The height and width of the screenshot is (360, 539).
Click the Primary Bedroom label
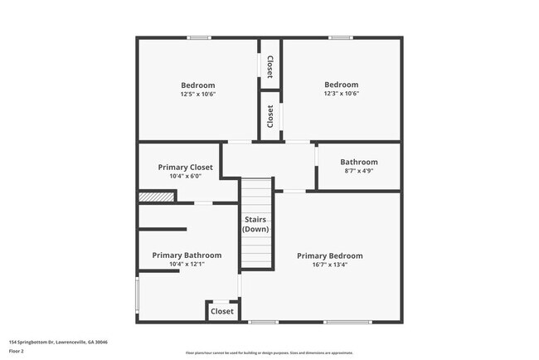[330, 255]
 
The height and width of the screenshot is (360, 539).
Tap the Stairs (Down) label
[255, 224]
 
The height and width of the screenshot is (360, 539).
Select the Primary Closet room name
[186, 167]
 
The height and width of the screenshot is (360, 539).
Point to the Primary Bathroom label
[187, 255]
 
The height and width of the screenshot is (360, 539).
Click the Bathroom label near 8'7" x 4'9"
[359, 162]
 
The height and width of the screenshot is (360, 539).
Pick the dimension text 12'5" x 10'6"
[198, 94]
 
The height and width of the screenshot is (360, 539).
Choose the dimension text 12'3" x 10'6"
[341, 94]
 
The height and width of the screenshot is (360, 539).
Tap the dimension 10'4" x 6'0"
[186, 176]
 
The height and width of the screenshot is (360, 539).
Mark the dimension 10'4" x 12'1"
[187, 264]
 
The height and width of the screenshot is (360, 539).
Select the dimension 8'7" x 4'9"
[359, 171]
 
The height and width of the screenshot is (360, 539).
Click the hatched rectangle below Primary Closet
[156, 197]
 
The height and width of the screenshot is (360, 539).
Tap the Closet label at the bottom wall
[222, 311]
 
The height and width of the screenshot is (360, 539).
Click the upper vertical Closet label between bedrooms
[269, 66]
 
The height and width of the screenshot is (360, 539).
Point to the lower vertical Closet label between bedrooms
[269, 115]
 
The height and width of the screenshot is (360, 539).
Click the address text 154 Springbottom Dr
[58, 342]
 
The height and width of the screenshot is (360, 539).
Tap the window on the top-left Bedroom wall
[198, 37]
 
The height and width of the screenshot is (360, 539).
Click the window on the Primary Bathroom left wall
[138, 293]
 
